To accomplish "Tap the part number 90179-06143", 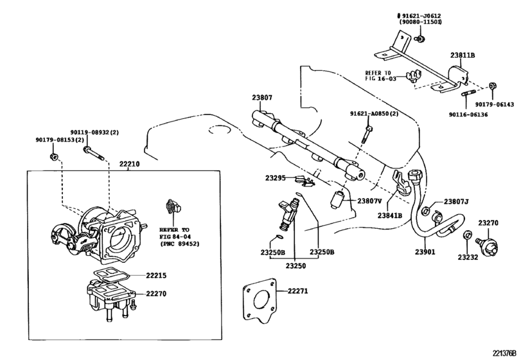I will point(494,104).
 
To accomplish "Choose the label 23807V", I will point(368,200).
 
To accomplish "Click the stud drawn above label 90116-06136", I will point(465,101).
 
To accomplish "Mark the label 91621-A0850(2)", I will point(374,114).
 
